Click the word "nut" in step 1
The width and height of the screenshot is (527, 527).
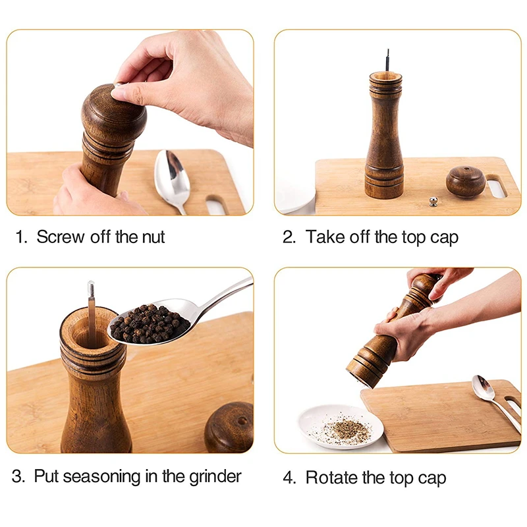coord(151,237)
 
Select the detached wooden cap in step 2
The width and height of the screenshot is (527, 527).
coord(466,181)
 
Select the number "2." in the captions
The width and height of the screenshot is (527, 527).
coord(290,237)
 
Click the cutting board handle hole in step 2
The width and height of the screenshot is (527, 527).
coord(497,186)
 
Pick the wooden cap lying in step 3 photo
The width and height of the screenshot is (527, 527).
coord(229,426)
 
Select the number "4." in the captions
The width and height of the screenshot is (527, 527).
coord(290,478)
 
